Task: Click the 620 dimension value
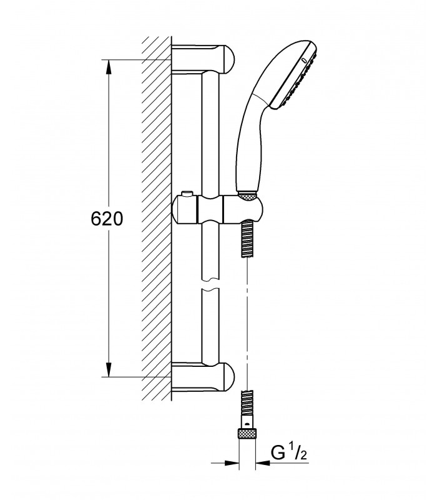(107, 219)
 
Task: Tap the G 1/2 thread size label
(288, 452)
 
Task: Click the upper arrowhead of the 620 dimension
(109, 67)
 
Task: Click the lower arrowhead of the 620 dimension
(109, 369)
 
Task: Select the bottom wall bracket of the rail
(204, 377)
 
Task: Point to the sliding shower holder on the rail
(217, 209)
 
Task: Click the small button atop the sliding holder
(187, 194)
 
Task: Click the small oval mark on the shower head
(304, 60)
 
